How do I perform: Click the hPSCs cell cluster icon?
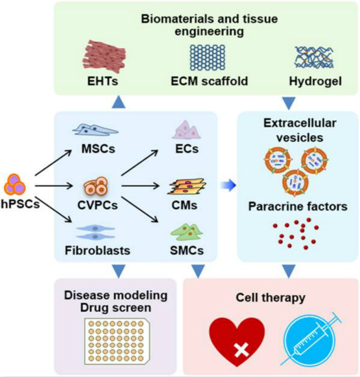[x=15, y=184]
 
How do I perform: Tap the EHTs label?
[x=103, y=82]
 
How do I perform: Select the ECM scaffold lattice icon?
[x=208, y=58]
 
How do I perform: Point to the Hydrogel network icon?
[x=314, y=58]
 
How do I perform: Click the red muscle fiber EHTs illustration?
[x=104, y=57]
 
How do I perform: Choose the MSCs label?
[x=98, y=149]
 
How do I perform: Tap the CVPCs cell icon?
[x=96, y=186]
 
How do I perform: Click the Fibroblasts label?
[x=97, y=250]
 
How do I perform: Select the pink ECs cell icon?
[x=187, y=130]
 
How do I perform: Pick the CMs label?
[x=184, y=206]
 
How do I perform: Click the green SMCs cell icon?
[x=187, y=232]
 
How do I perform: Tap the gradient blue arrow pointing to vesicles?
[x=228, y=185]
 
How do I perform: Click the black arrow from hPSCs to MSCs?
[x=53, y=163]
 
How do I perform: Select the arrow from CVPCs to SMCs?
[x=140, y=210]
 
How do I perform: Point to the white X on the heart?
[x=241, y=350]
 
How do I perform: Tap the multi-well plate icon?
[x=117, y=341]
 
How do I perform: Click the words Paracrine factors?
[x=298, y=206]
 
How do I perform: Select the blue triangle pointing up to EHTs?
[x=119, y=102]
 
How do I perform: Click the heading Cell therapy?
[x=271, y=297]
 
